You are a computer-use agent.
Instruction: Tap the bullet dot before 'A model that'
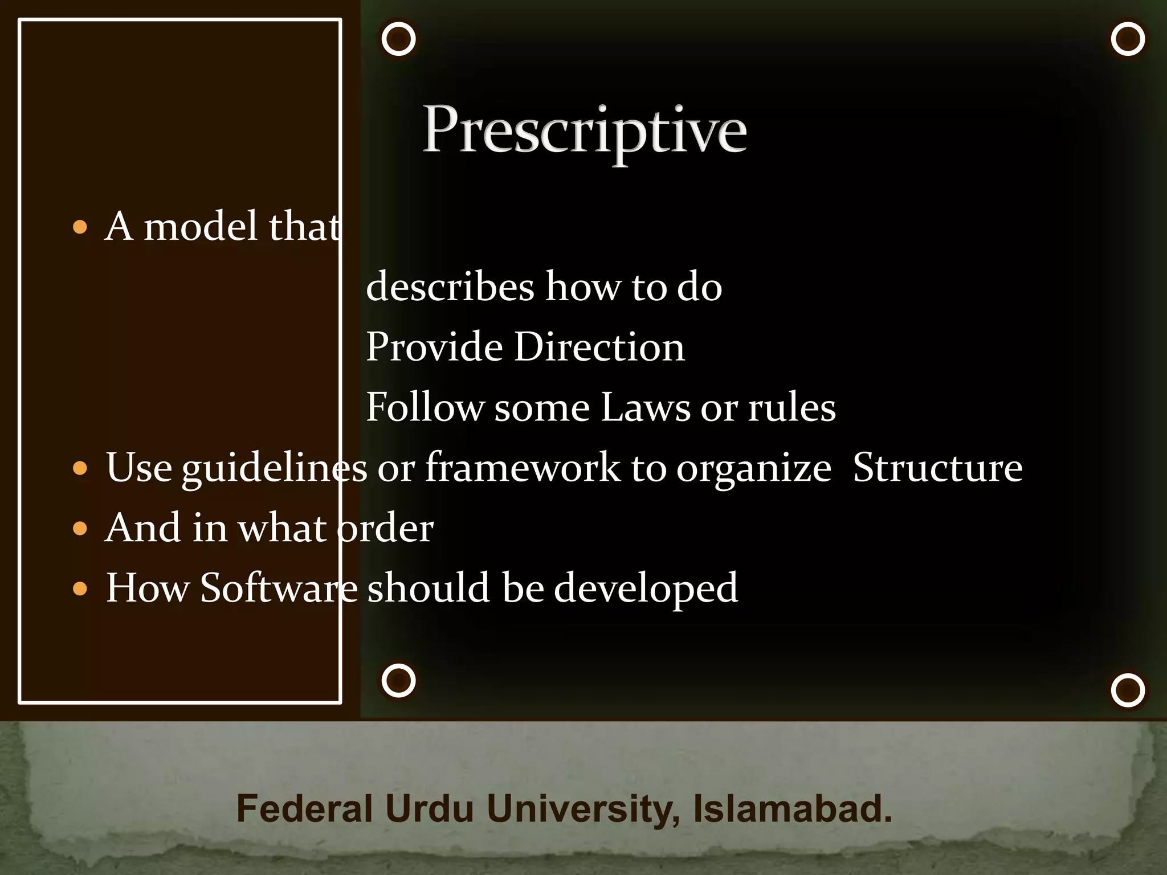80,228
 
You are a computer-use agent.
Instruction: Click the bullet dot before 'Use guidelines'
80,468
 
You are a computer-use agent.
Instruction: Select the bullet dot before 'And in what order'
80,529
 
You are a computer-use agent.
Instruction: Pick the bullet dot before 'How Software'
80,588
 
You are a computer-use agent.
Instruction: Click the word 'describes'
450,286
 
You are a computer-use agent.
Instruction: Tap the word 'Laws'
646,407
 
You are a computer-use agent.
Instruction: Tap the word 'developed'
646,588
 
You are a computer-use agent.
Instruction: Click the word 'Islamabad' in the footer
791,808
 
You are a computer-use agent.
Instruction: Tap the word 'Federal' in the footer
304,808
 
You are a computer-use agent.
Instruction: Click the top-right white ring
1128,39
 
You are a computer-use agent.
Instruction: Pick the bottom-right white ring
1128,690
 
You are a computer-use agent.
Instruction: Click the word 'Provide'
434,347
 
